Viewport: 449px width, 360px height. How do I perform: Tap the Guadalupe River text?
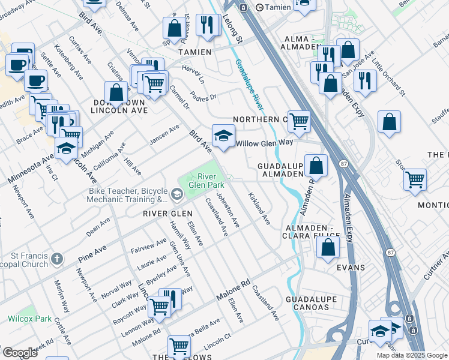[x=249, y=84]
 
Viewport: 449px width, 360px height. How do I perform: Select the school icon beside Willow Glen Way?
[x=223, y=136]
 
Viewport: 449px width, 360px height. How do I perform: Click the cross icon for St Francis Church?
[x=56, y=259]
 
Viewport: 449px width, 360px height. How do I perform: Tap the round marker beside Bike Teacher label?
[x=176, y=193]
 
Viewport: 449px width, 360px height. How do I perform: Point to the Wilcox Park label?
[x=29, y=319]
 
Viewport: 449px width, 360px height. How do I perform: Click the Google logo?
[x=19, y=353]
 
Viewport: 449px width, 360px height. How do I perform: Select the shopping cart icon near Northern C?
[x=298, y=121]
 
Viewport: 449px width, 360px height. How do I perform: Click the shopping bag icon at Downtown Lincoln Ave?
[x=116, y=93]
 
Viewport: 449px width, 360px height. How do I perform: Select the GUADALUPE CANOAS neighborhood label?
[x=307, y=303]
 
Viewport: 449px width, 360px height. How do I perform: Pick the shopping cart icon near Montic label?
[x=415, y=179]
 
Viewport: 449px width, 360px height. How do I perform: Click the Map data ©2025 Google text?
[x=411, y=355]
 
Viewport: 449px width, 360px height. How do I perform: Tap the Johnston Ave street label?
[x=228, y=209]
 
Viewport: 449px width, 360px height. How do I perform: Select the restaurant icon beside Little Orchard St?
[x=365, y=80]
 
